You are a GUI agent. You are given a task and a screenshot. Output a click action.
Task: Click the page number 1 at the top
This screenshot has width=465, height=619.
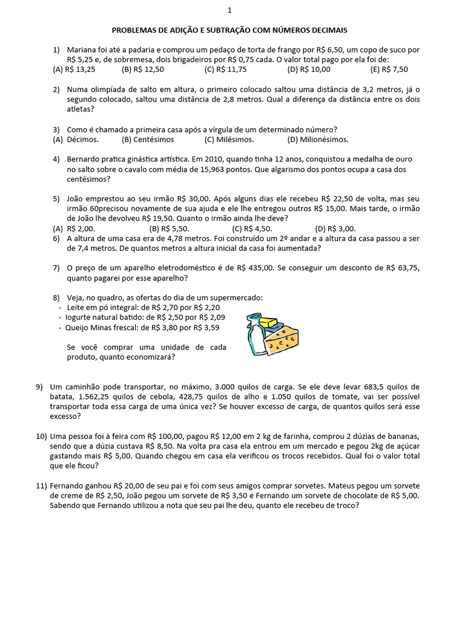(229, 10)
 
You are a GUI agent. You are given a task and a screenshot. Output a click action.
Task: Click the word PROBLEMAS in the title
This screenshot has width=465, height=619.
(136, 30)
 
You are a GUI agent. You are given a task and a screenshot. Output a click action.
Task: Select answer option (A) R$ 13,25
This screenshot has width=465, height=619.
(74, 70)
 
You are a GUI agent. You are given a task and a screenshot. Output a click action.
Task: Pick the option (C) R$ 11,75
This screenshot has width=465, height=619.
(226, 70)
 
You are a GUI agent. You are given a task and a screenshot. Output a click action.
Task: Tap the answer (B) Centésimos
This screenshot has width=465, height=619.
(148, 140)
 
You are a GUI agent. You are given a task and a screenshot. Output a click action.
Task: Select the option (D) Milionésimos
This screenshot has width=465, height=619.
(318, 140)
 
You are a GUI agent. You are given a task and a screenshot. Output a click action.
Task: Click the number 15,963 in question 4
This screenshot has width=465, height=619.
(244, 169)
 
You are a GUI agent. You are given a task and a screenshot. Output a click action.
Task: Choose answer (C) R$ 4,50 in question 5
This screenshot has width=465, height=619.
(252, 228)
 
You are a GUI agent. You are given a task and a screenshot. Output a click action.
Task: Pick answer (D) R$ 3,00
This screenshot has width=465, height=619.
(335, 228)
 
